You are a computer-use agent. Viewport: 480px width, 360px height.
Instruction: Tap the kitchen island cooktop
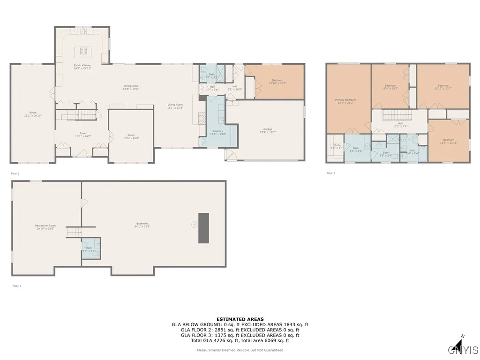pyautogui.click(x=83, y=51)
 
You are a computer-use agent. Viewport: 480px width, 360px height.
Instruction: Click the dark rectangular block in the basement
pyautogui.click(x=203, y=228)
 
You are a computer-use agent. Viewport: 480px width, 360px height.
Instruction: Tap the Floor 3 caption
pyautogui.click(x=331, y=173)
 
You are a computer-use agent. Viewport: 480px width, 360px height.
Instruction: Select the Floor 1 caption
pyautogui.click(x=16, y=285)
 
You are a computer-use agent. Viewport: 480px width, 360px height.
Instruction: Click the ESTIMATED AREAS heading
pyautogui.click(x=240, y=319)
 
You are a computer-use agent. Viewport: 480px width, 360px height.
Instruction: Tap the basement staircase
pyautogui.click(x=74, y=232)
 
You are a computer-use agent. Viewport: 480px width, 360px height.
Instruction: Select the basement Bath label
pyautogui.click(x=89, y=250)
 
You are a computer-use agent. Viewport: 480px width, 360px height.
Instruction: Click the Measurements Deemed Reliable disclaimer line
pyautogui.click(x=240, y=350)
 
